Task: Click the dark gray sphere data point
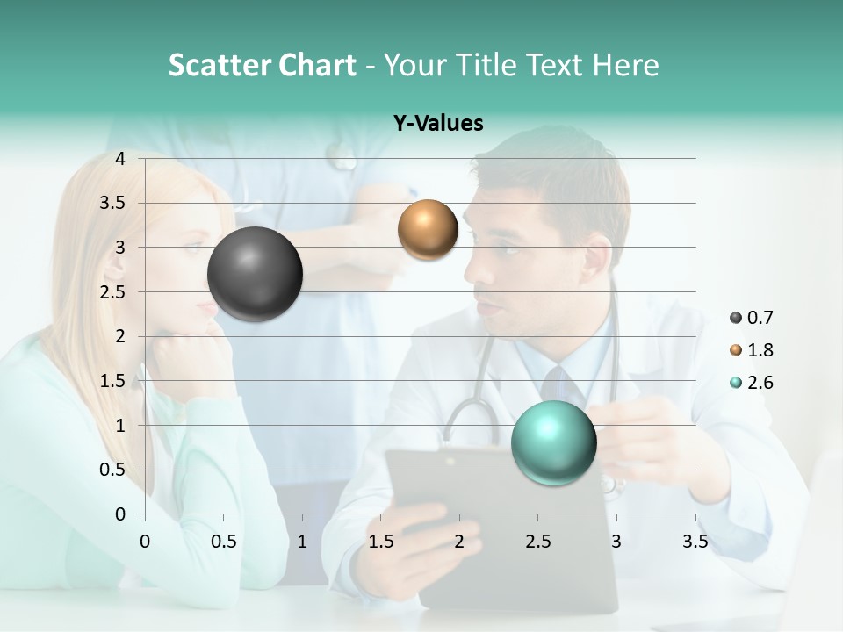tap(255, 274)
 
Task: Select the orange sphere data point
tap(428, 230)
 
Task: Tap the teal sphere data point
tap(553, 442)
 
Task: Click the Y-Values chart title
tap(438, 124)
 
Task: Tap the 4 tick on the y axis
tap(120, 159)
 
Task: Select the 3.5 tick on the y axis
tap(113, 203)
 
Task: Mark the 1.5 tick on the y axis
tap(113, 381)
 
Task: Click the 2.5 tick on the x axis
tap(537, 542)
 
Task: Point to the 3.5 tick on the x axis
tap(695, 542)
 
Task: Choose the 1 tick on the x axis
tap(302, 542)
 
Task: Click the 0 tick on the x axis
tap(145, 542)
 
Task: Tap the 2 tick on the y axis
tap(120, 336)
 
